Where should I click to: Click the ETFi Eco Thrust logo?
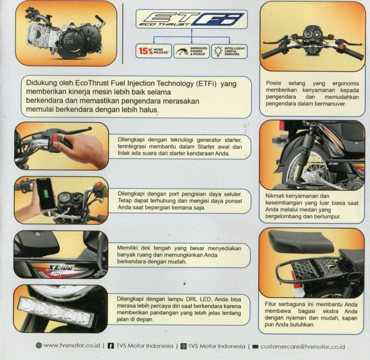[192, 19]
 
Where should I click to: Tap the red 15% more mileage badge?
[154, 51]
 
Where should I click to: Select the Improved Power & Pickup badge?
[192, 51]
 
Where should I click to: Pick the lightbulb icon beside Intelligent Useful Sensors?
[218, 51]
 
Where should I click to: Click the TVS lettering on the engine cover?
[68, 42]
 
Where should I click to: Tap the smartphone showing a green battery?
[46, 194]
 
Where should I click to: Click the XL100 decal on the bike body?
[61, 268]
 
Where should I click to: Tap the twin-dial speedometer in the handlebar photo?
[312, 33]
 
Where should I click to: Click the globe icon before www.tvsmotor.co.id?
[39, 346]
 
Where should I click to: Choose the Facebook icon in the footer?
[111, 346]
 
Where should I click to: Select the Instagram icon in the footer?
[184, 346]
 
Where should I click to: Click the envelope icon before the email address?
[255, 347]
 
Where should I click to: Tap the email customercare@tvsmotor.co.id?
[302, 347]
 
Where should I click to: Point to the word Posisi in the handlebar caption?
[274, 83]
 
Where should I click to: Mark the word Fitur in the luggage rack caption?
[270, 304]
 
